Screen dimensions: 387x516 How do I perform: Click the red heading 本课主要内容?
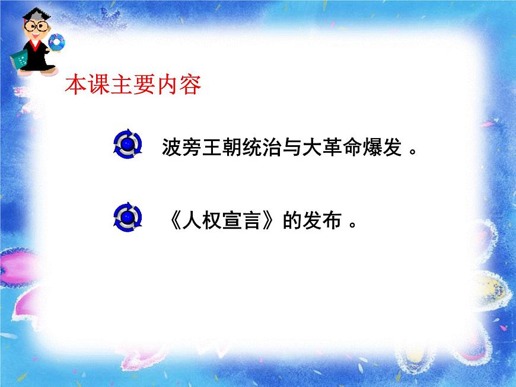(133, 85)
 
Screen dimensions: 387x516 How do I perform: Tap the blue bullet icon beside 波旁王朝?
(128, 144)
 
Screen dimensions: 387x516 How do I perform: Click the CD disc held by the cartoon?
(57, 42)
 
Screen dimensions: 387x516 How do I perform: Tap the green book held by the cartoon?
(20, 59)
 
